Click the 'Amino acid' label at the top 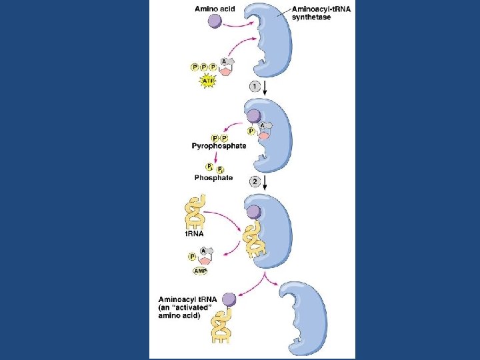(x=215, y=9)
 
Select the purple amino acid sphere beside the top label (x=215, y=22)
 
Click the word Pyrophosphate (x=219, y=145)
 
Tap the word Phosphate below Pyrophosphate (x=213, y=177)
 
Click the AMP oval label (x=201, y=271)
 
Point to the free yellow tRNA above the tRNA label (x=195, y=212)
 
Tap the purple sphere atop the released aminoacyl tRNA (x=229, y=300)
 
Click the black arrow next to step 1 (x=266, y=88)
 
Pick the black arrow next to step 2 (x=266, y=183)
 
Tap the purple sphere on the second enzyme (x=254, y=115)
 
